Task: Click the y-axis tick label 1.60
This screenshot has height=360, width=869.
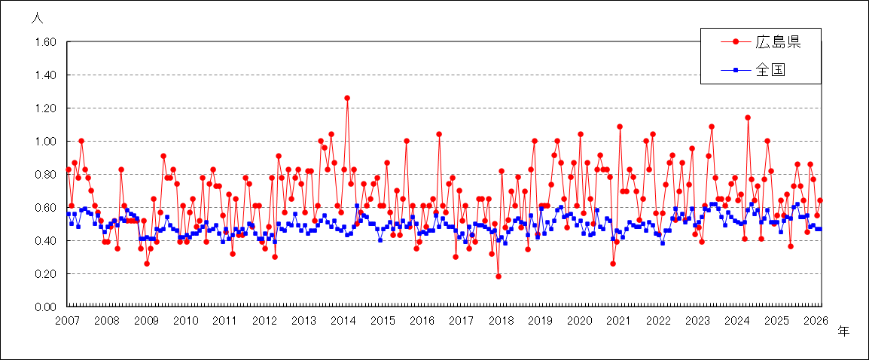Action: coord(46,42)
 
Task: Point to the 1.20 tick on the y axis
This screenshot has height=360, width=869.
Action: coord(46,108)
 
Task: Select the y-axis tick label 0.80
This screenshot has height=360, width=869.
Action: coord(46,175)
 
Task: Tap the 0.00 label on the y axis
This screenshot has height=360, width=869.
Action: coord(46,307)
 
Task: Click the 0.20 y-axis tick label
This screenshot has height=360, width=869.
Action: coord(46,273)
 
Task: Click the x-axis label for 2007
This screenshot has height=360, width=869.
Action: coord(67,321)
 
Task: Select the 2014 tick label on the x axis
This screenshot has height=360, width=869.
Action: coord(343,321)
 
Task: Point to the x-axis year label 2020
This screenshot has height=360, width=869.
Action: coord(579,321)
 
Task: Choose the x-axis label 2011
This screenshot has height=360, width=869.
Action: coord(225,321)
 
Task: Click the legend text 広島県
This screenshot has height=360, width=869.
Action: coord(778,42)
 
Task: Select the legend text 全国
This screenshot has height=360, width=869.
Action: coord(770,72)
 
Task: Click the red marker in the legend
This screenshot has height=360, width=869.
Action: coord(736,42)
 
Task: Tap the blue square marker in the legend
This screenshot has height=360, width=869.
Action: coord(736,72)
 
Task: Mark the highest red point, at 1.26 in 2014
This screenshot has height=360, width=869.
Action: coord(347,98)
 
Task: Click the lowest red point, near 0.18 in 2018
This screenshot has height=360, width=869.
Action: coord(499,276)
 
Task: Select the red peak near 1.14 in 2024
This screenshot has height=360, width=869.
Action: coord(748,117)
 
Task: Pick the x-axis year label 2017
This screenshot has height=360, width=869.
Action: coord(462,321)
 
